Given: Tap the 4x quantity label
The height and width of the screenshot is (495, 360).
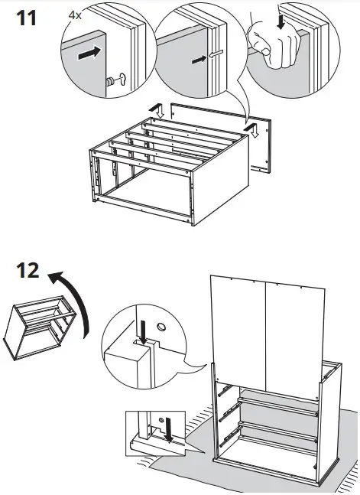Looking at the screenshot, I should [x=76, y=15].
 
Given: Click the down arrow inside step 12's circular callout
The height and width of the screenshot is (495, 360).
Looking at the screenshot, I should [x=142, y=329].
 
